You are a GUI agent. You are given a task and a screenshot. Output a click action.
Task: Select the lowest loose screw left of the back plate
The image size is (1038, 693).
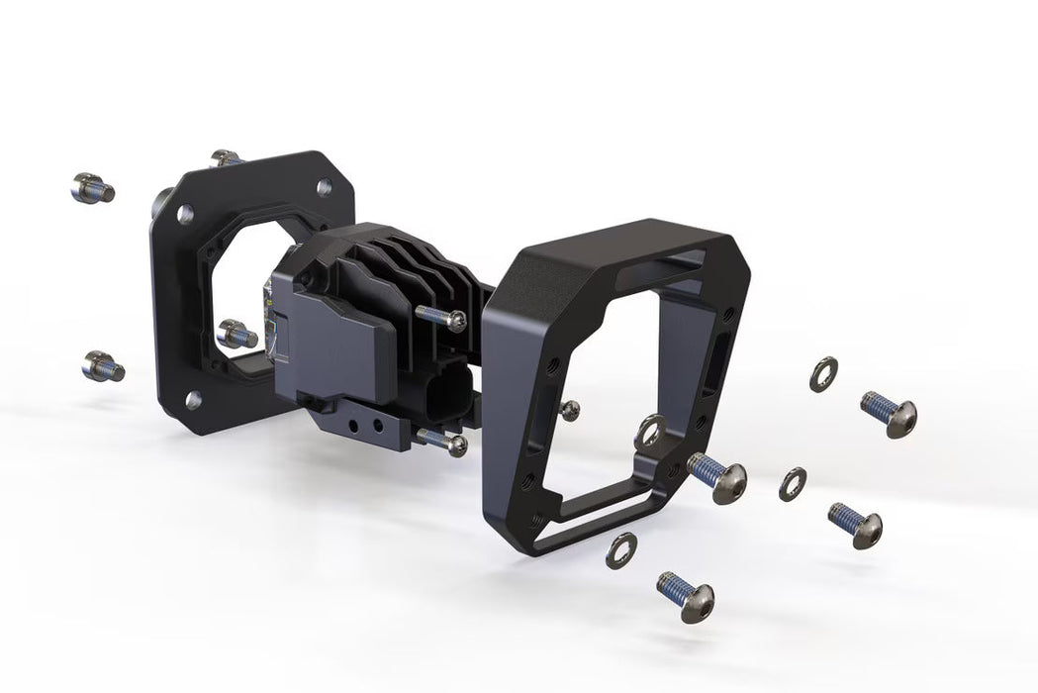102,366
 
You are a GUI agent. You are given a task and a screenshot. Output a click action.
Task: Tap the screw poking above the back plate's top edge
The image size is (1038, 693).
226,157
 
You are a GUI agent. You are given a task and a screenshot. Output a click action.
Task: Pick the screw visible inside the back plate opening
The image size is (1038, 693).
236,334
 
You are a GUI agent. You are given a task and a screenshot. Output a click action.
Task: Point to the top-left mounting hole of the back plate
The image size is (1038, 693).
185,212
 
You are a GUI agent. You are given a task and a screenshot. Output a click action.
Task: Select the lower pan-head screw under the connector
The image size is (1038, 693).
443,442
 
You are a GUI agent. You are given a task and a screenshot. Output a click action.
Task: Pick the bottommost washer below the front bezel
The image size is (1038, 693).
620,548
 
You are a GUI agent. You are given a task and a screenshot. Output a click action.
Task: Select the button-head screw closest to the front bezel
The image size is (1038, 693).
717,476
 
